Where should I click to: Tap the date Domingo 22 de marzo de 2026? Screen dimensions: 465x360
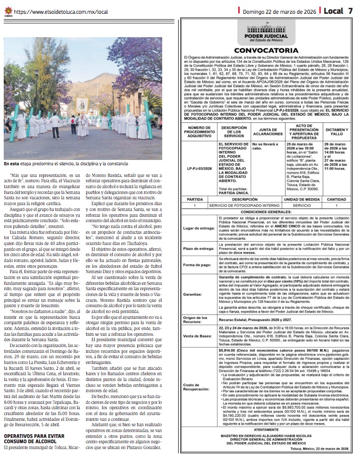286,10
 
